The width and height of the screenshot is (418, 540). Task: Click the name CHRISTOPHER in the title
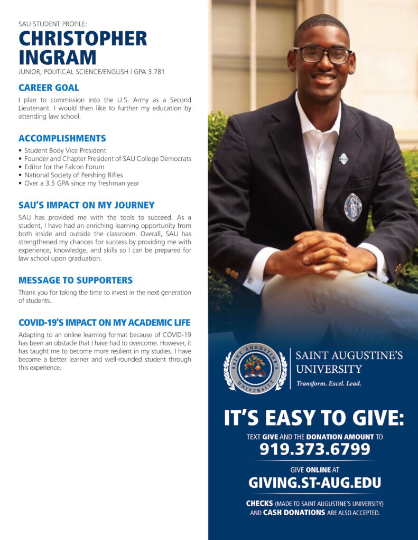[x=82, y=38]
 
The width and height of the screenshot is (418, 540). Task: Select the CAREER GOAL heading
[x=49, y=88]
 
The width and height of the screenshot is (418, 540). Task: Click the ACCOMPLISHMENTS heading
[x=62, y=138]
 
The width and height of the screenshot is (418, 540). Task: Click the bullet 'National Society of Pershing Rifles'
[x=73, y=174]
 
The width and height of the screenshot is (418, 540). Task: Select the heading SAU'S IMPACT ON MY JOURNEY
[x=86, y=205]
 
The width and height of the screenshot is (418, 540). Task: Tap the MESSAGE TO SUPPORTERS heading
[x=75, y=280]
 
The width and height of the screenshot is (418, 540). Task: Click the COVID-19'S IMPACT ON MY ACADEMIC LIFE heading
[x=104, y=322]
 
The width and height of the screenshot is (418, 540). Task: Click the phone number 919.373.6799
[x=314, y=450]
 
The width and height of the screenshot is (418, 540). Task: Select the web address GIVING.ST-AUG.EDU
[x=314, y=483]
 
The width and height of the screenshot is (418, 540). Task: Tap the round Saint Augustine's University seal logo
[x=255, y=368]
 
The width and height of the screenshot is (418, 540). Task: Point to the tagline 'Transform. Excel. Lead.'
[x=329, y=383]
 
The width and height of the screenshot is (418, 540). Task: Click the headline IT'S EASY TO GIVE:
[x=314, y=418]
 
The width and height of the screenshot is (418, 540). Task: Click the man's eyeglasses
[x=322, y=54]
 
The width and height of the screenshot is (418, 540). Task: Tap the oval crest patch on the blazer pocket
[x=352, y=207]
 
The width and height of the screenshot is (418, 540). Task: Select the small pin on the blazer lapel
[x=343, y=158]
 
